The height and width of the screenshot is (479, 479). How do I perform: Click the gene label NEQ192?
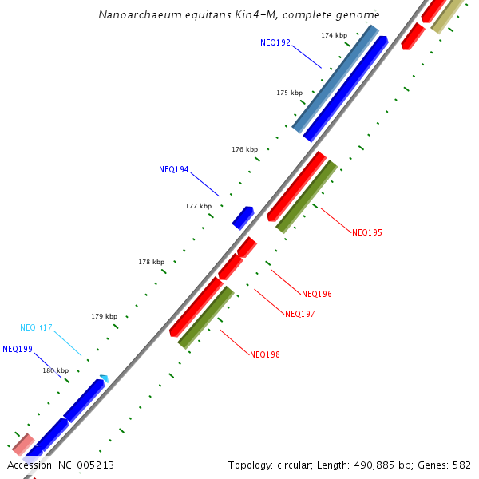(x=275, y=42)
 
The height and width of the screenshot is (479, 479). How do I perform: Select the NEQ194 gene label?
(x=174, y=169)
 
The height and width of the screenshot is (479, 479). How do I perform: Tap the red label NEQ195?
(x=367, y=232)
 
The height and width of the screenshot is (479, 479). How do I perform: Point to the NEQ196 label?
(x=317, y=294)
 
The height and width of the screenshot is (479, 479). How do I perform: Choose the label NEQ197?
(x=299, y=314)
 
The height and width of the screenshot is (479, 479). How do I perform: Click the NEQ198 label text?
(x=264, y=354)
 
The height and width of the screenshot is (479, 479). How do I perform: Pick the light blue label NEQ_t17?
(x=36, y=327)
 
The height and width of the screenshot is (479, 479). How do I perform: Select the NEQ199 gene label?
(x=18, y=349)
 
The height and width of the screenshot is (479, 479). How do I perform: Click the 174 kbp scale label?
(x=334, y=36)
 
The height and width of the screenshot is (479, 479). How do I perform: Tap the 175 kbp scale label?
(x=290, y=93)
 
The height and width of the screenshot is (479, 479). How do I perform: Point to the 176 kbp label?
(x=244, y=149)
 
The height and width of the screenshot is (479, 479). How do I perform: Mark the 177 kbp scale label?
(x=198, y=206)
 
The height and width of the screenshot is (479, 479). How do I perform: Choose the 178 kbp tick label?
(x=151, y=262)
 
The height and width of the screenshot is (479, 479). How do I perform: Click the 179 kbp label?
(x=104, y=316)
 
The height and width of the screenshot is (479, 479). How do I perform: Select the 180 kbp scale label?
(x=55, y=370)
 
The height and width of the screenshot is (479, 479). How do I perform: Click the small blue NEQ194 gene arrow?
(x=243, y=217)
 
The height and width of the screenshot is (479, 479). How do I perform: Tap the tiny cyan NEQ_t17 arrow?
(x=104, y=378)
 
